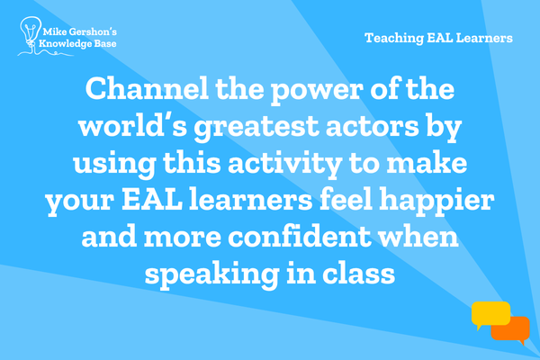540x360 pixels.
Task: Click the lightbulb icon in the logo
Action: tap(31, 31)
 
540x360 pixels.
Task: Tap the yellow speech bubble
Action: tap(490, 315)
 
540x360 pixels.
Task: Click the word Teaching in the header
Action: tap(394, 38)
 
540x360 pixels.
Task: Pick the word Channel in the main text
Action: tap(147, 88)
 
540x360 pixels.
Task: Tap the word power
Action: tap(317, 90)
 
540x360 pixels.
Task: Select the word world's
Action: tap(133, 126)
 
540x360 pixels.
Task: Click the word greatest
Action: tap(256, 128)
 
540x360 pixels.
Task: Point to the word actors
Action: tap(372, 126)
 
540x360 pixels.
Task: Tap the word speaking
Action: tap(211, 274)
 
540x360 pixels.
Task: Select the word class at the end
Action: tap(358, 274)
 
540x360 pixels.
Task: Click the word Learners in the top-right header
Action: tap(484, 38)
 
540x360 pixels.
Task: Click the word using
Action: tap(114, 165)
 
